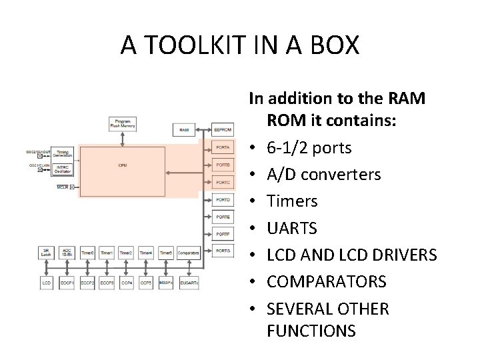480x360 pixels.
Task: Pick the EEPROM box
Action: (223, 131)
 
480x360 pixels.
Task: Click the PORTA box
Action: (223, 147)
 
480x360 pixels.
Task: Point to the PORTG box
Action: (223, 251)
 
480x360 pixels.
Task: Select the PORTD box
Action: (223, 199)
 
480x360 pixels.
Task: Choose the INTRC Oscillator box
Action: (64, 169)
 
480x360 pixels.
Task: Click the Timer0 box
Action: (87, 253)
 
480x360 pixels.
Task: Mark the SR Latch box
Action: (47, 253)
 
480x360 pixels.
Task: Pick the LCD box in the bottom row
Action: (47, 283)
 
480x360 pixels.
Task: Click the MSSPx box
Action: (165, 283)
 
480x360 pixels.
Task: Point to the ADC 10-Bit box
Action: (67, 253)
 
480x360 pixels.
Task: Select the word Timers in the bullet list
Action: (292, 201)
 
